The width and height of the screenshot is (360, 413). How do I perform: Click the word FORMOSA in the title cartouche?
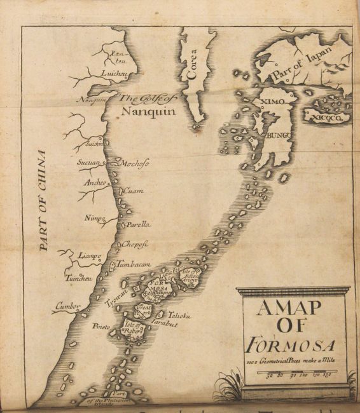click(291, 348)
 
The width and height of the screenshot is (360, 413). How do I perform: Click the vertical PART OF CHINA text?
click(43, 201)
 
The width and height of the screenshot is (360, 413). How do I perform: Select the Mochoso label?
click(134, 163)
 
